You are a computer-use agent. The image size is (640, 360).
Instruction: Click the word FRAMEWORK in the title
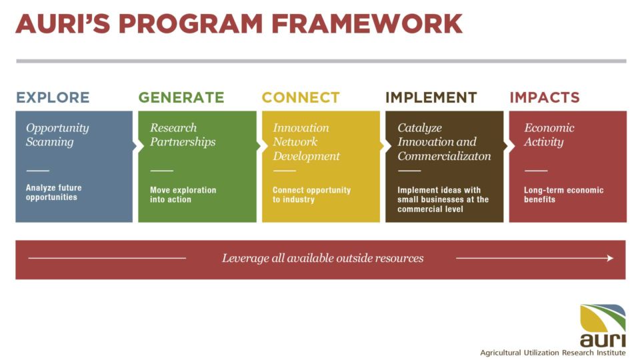click(367, 24)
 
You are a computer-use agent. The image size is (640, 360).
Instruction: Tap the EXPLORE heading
click(53, 97)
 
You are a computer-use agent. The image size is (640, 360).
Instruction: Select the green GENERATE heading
click(181, 97)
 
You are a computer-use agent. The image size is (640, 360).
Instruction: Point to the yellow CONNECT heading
click(301, 97)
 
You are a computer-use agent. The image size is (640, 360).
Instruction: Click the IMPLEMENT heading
click(431, 97)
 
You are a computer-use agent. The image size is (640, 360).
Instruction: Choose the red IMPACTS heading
click(545, 97)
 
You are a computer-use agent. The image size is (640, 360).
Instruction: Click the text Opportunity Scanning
click(57, 135)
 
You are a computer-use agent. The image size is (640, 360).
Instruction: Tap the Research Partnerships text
click(183, 135)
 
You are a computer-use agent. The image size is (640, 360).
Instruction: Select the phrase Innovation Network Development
click(306, 141)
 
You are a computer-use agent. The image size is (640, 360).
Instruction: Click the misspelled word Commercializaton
click(444, 156)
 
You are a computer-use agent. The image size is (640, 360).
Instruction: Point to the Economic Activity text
click(549, 135)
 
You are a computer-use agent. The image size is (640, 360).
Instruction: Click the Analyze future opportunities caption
click(53, 192)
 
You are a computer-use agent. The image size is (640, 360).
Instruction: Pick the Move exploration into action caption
click(183, 195)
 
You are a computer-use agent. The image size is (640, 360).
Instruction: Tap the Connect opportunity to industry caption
click(311, 195)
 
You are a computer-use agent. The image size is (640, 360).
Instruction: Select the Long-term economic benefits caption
click(564, 195)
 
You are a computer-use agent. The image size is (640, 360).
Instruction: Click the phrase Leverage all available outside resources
click(323, 258)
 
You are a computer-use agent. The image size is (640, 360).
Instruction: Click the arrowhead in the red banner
click(610, 258)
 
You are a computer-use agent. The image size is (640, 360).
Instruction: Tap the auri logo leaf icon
click(603, 319)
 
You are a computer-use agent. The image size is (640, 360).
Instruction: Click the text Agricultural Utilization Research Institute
click(553, 353)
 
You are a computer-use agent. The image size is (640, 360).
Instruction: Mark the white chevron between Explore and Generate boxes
click(135, 147)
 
